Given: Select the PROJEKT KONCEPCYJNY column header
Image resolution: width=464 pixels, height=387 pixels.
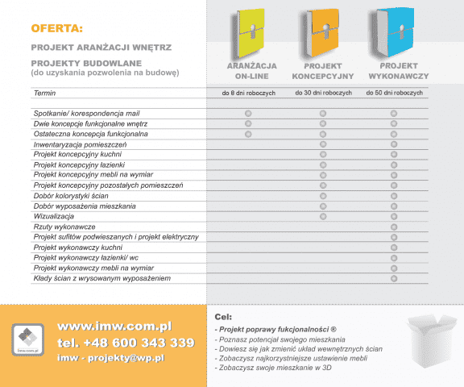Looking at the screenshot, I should click(x=322, y=70).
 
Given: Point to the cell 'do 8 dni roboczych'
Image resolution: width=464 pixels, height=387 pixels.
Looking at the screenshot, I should click(x=249, y=94).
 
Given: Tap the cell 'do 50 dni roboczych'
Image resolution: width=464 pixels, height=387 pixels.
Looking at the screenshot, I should click(x=393, y=94).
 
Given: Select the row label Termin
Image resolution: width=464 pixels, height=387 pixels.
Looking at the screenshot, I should click(x=45, y=94).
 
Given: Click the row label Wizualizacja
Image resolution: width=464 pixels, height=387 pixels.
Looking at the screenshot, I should click(x=55, y=217).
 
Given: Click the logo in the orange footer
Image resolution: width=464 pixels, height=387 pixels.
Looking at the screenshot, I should click(x=28, y=339).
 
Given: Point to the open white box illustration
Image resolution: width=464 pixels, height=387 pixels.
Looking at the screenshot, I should click(x=430, y=339).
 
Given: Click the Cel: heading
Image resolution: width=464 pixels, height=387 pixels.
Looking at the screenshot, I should click(x=223, y=317).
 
